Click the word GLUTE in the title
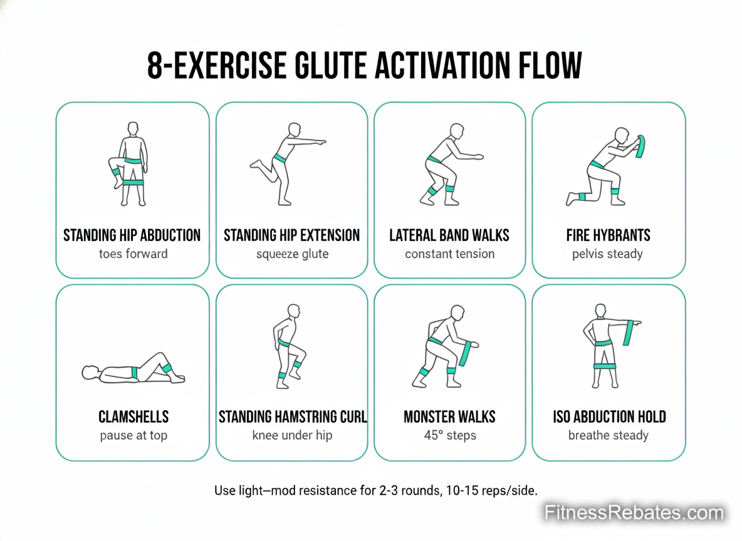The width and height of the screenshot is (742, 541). (x=330, y=65)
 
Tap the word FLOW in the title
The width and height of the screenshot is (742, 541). (x=550, y=65)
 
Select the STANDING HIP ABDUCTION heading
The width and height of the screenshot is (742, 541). (x=132, y=235)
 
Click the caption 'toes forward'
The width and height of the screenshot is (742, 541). (x=133, y=254)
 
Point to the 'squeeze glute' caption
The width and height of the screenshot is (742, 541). (x=293, y=254)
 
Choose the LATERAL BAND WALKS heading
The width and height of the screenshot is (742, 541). (x=449, y=235)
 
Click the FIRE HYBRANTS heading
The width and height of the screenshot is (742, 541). (x=608, y=235)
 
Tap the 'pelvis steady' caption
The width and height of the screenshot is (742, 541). (x=608, y=254)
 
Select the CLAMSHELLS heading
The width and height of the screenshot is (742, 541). (x=133, y=416)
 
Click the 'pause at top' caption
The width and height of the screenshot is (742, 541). (x=133, y=436)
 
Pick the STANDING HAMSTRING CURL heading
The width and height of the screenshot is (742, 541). (x=293, y=416)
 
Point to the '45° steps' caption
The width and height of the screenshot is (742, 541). (x=450, y=435)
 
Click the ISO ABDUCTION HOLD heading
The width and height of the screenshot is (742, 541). (x=610, y=416)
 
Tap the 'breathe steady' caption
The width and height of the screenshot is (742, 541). (x=608, y=435)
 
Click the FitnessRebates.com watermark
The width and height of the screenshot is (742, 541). (x=634, y=513)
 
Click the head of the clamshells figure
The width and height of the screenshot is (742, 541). (x=90, y=373)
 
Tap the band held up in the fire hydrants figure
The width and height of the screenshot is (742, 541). (x=640, y=147)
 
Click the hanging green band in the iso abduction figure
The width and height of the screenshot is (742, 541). (x=629, y=333)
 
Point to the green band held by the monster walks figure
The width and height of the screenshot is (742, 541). (x=466, y=354)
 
